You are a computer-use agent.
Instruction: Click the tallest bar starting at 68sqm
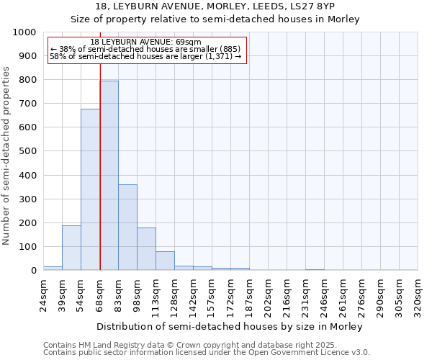coord(109,176)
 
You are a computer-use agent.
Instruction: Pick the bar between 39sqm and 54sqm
coord(71,248)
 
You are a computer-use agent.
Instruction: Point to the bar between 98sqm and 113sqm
coord(146,249)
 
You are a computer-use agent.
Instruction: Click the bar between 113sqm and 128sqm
coord(165,261)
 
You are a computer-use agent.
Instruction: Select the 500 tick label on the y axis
coord(28,151)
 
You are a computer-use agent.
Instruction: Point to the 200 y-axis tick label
coord(28,223)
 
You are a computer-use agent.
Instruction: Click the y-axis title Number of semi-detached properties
coord(7,156)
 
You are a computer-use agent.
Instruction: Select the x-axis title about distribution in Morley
coord(229,326)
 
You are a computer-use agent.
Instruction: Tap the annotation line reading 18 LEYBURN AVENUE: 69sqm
coord(146,42)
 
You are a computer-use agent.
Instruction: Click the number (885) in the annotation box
coord(225,49)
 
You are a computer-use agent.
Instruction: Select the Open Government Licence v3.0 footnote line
coord(207,352)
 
